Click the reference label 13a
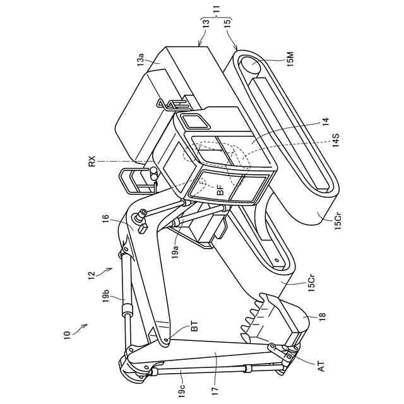141,60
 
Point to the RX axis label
93,162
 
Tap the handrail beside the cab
134,180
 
